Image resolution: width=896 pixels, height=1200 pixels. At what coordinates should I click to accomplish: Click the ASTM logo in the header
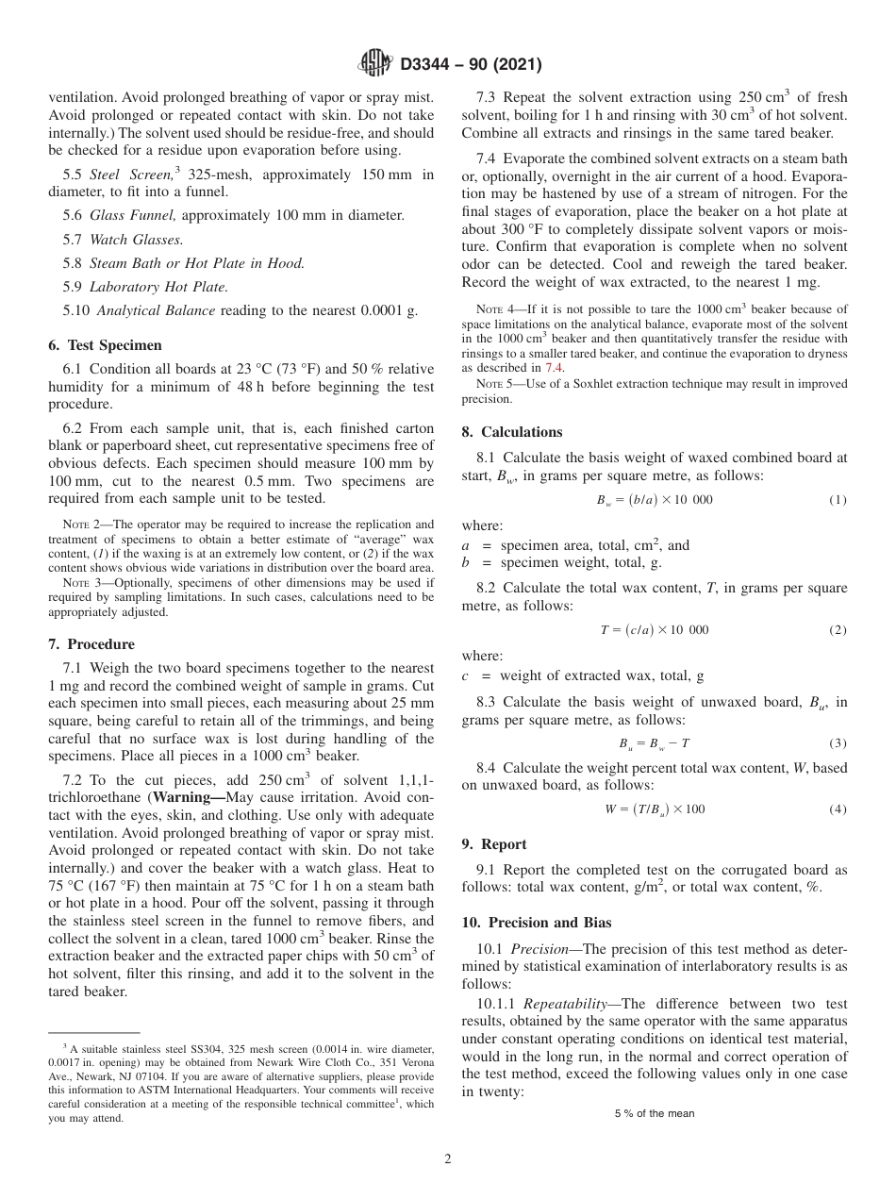pyautogui.click(x=376, y=65)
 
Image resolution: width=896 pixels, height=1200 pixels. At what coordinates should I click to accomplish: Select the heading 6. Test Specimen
pyautogui.click(x=105, y=345)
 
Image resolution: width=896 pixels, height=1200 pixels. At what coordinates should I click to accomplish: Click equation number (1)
pyautogui.click(x=838, y=500)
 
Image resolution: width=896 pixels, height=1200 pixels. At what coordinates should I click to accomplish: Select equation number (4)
pyautogui.click(x=838, y=809)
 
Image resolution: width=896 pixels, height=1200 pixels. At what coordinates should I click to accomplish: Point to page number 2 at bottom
pyautogui.click(x=448, y=1159)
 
